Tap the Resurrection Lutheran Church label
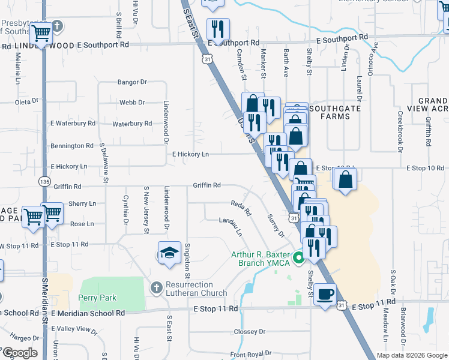(x=190, y=289)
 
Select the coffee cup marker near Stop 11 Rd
(x=325, y=294)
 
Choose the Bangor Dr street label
(x=132, y=82)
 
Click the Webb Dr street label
(x=132, y=103)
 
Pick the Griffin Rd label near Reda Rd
(x=206, y=185)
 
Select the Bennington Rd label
(x=73, y=146)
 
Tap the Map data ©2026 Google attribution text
(x=411, y=355)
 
